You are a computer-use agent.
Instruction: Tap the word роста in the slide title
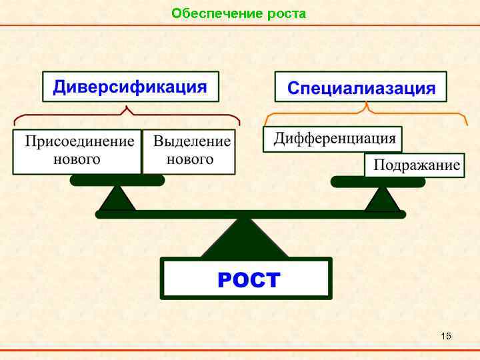click(x=287, y=13)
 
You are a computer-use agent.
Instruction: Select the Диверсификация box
click(x=131, y=87)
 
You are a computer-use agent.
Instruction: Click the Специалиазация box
click(x=361, y=88)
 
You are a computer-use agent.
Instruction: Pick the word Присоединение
click(x=79, y=142)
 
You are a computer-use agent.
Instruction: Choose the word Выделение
click(x=191, y=142)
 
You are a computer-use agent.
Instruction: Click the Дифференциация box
click(x=334, y=139)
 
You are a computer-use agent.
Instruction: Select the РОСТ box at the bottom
click(x=247, y=279)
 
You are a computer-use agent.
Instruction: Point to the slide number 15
click(x=446, y=335)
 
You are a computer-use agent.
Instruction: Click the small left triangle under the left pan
click(x=117, y=199)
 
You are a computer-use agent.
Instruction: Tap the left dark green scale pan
click(x=117, y=180)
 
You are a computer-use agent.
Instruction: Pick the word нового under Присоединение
click(x=77, y=159)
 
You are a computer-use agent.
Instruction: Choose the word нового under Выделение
click(x=190, y=159)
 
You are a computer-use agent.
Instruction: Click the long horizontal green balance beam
click(x=250, y=214)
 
